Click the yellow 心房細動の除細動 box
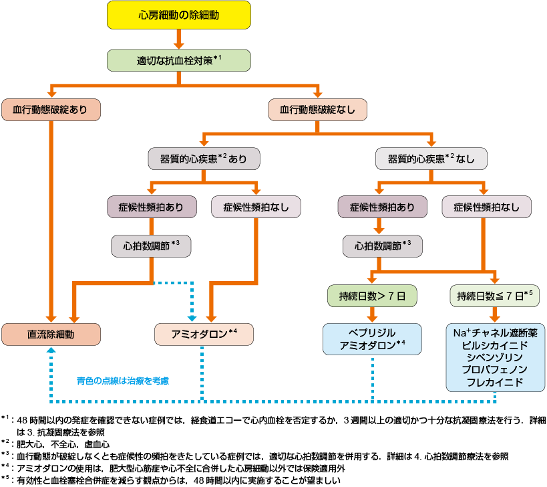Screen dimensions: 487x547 pyautogui.click(x=178, y=15)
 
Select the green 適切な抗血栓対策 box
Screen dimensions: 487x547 pyautogui.click(x=178, y=60)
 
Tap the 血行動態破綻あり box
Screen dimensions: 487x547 pyautogui.click(x=51, y=110)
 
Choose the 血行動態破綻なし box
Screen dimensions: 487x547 pyautogui.click(x=317, y=110)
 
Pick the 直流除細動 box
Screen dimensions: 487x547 pyautogui.click(x=51, y=334)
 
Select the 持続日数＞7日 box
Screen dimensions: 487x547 pyautogui.click(x=372, y=295)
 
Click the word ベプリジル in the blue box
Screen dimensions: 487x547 pyautogui.click(x=372, y=332)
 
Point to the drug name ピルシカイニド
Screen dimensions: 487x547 pyautogui.click(x=495, y=345)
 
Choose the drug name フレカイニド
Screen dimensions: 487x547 pyautogui.click(x=495, y=383)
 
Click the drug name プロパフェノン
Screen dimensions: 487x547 pyautogui.click(x=495, y=370)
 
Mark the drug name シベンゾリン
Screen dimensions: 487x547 pyautogui.click(x=495, y=357)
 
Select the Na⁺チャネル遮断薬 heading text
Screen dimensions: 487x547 pyautogui.click(x=495, y=332)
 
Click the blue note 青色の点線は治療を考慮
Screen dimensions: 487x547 pyautogui.click(x=124, y=381)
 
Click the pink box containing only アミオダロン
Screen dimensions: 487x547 pyautogui.click(x=204, y=334)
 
